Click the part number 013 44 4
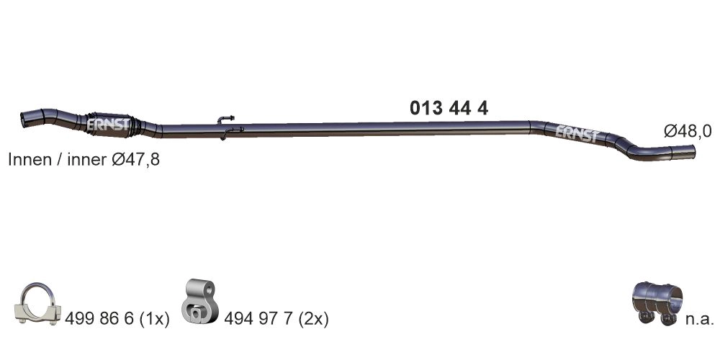click(x=449, y=109)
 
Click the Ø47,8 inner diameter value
click(x=135, y=160)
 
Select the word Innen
click(x=28, y=160)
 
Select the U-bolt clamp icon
click(x=37, y=304)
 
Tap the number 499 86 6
click(x=95, y=318)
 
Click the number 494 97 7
click(x=256, y=318)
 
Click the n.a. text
click(x=698, y=318)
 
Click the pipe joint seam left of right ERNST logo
click(x=531, y=127)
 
